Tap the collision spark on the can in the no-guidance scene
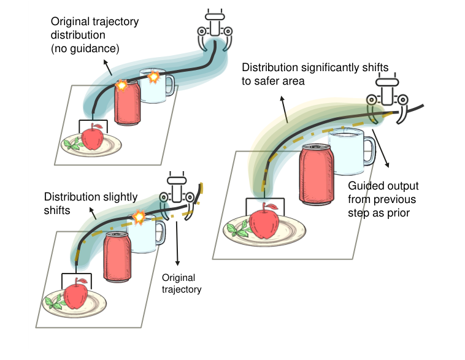[x=121, y=86]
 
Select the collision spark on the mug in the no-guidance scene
[x=154, y=77]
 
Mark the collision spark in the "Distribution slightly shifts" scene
[x=139, y=217]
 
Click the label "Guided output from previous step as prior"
[x=382, y=200]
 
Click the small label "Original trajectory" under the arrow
[x=180, y=284]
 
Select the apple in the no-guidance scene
[x=93, y=137]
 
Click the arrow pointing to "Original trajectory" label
[x=179, y=245]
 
